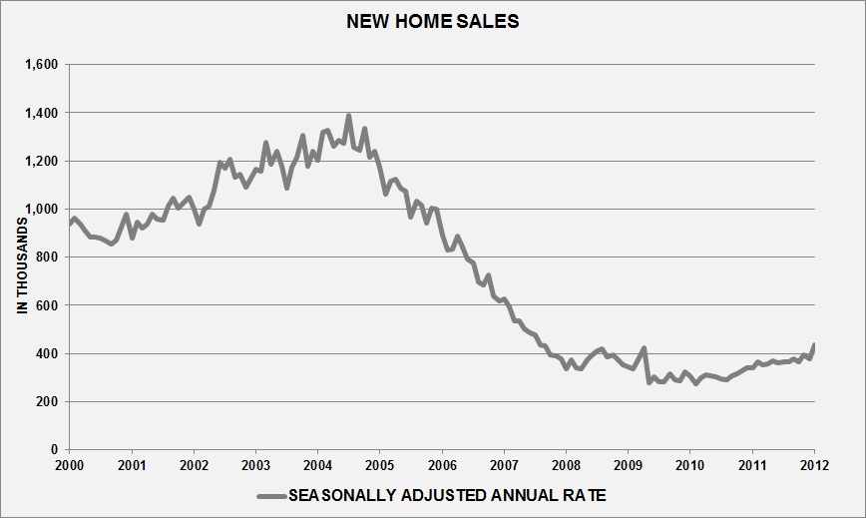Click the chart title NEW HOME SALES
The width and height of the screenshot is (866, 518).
point(432,21)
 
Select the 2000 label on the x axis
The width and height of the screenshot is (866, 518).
point(70,466)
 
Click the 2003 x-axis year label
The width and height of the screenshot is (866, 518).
point(256,466)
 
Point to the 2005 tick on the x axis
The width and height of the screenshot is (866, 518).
point(380,466)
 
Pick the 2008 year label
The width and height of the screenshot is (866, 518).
point(566,466)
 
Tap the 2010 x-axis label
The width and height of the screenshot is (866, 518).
point(690,466)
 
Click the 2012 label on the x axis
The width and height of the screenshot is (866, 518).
point(814,466)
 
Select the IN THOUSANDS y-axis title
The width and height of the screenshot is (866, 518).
point(21,257)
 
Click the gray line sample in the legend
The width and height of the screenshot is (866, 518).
point(270,496)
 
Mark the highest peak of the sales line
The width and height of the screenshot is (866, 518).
point(348,116)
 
